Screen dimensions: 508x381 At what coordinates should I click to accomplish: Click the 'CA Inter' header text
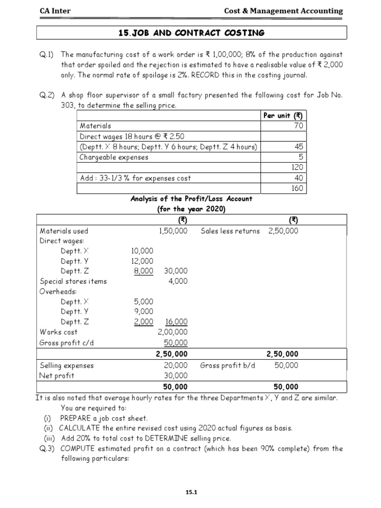click(56, 10)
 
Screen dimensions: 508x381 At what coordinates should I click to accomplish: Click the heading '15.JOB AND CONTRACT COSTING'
click(191, 33)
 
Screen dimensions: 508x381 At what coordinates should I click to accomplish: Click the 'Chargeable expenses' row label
click(114, 157)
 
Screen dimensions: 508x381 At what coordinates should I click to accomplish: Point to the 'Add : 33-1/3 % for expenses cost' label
click(135, 178)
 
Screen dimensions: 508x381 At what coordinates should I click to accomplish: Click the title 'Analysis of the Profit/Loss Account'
click(191, 199)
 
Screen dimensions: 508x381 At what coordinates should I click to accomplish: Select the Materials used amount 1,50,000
click(173, 231)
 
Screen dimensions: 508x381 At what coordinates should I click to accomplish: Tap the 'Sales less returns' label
click(230, 231)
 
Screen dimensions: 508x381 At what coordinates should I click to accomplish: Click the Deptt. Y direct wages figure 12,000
click(143, 261)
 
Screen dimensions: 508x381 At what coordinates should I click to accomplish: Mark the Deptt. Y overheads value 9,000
click(143, 312)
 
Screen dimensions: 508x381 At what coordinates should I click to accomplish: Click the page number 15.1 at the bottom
click(191, 492)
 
